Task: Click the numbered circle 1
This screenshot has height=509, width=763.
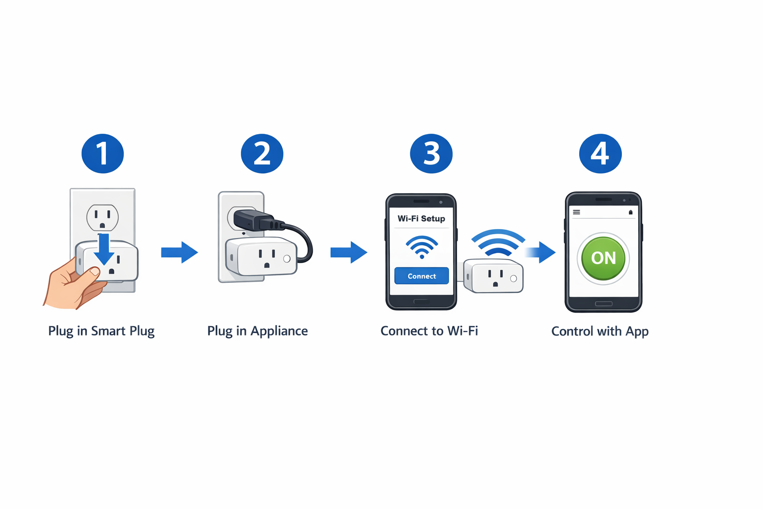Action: (x=102, y=154)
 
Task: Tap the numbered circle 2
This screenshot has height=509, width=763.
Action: (x=262, y=154)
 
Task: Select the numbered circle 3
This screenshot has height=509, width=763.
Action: (x=431, y=154)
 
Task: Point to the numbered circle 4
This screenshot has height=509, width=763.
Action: (x=600, y=154)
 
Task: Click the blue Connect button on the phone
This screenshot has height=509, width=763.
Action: (x=421, y=276)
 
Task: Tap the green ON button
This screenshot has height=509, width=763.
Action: (x=603, y=258)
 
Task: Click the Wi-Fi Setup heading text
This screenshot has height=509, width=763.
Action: (x=421, y=218)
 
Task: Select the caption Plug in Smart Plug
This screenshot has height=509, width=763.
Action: (x=101, y=331)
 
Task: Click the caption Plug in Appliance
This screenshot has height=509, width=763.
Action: (x=257, y=331)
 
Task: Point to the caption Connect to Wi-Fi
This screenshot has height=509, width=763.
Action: (x=429, y=331)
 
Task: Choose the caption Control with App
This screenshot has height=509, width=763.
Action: (x=600, y=332)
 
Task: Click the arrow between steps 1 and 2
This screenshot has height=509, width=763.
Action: (x=179, y=253)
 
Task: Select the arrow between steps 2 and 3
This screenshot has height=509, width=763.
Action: (x=349, y=253)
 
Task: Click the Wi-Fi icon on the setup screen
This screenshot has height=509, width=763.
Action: (x=422, y=247)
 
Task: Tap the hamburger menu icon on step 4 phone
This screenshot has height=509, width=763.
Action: (x=576, y=212)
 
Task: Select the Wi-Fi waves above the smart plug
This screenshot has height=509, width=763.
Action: (x=498, y=243)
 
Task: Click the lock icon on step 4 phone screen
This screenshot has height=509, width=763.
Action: (x=630, y=212)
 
